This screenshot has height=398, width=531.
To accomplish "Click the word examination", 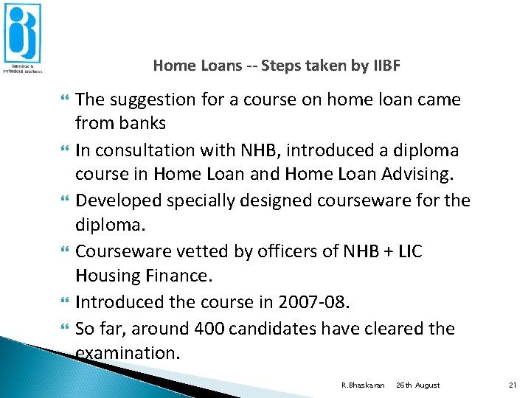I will point(128,352).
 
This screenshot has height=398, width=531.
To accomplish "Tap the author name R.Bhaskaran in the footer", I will point(363,385).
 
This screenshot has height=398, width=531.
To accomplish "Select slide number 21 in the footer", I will point(514,385).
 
